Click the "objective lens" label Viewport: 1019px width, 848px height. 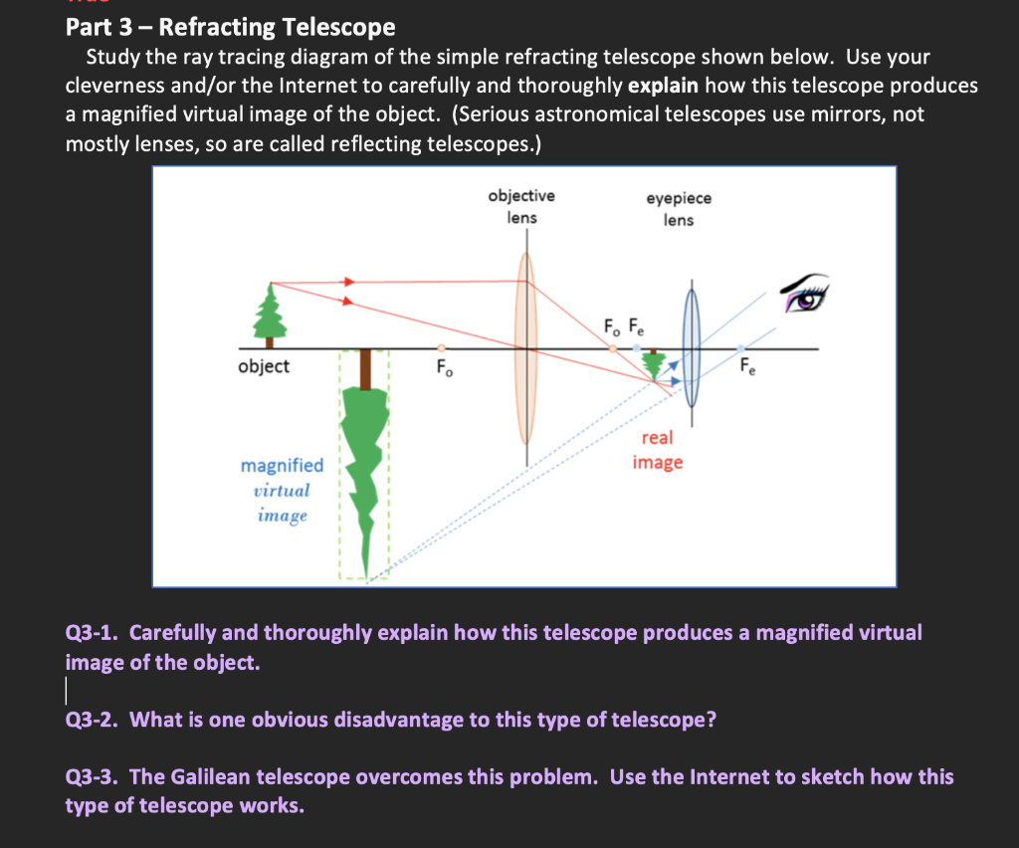(x=521, y=207)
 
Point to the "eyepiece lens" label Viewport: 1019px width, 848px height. (x=679, y=209)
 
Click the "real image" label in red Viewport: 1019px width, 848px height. (x=658, y=450)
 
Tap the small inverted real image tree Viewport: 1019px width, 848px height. (x=654, y=364)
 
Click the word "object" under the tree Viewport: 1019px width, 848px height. (x=264, y=366)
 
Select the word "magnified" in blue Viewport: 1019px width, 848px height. (x=283, y=465)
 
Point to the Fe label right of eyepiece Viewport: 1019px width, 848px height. (x=747, y=366)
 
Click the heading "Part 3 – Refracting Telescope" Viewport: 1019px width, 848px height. (x=230, y=27)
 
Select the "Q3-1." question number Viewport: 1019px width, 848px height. (x=94, y=633)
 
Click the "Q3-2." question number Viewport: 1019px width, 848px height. (x=94, y=719)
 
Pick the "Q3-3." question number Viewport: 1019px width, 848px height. (x=94, y=776)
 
